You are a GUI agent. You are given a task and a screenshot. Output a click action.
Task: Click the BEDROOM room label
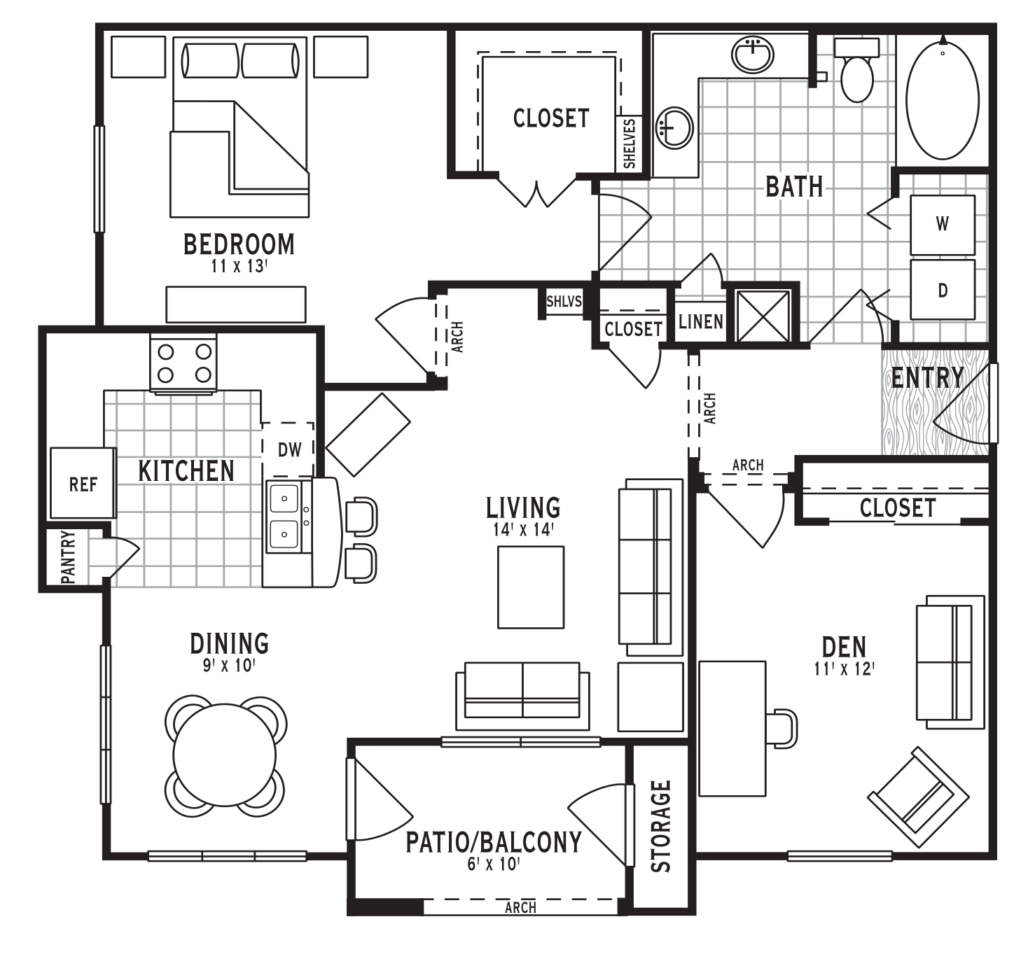pos(239,244)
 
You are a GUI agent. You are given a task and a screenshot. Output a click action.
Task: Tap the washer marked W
pos(942,225)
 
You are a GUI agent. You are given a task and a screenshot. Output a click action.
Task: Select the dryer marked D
pos(942,290)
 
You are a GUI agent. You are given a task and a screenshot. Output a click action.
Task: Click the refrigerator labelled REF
pos(83,484)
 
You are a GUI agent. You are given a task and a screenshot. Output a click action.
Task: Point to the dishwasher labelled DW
pos(289,449)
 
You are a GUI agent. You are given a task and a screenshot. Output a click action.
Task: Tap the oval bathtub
pos(942,98)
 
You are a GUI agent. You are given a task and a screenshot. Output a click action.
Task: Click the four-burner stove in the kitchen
pos(183,363)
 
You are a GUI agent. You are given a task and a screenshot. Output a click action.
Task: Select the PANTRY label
pos(69,557)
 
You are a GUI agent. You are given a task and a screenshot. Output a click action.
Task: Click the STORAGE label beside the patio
pos(660,827)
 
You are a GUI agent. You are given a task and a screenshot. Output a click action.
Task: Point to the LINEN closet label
pos(700,322)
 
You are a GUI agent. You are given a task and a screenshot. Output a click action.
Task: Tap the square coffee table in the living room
pos(531,587)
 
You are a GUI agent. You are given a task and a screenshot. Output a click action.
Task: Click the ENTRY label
pos(927,377)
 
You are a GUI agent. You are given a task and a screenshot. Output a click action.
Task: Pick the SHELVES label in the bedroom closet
pos(630,143)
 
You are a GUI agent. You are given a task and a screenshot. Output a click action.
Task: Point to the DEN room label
pos(844,647)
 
